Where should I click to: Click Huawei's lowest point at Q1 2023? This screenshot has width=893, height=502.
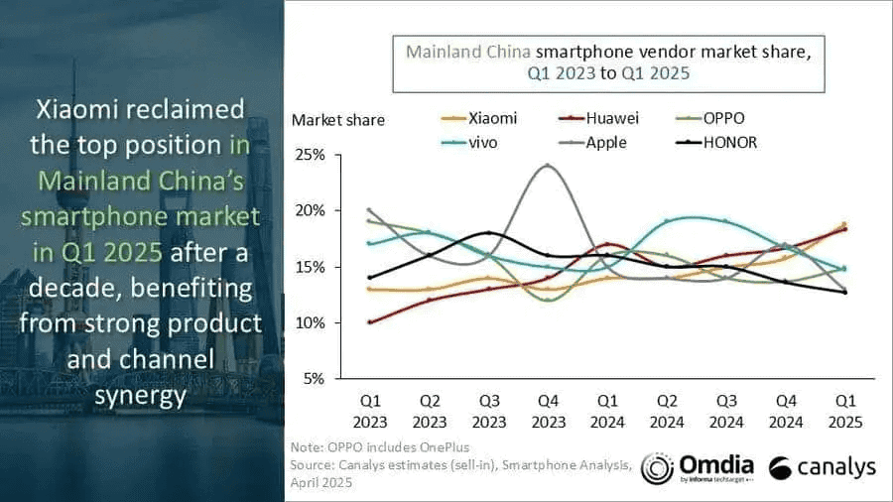(x=370, y=322)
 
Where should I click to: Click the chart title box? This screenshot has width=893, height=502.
(x=608, y=60)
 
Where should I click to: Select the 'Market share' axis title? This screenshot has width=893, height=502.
(x=337, y=120)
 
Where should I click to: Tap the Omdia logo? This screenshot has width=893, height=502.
(x=698, y=467)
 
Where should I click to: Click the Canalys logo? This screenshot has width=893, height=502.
(x=821, y=467)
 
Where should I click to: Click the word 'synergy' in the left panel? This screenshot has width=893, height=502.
(x=146, y=396)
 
